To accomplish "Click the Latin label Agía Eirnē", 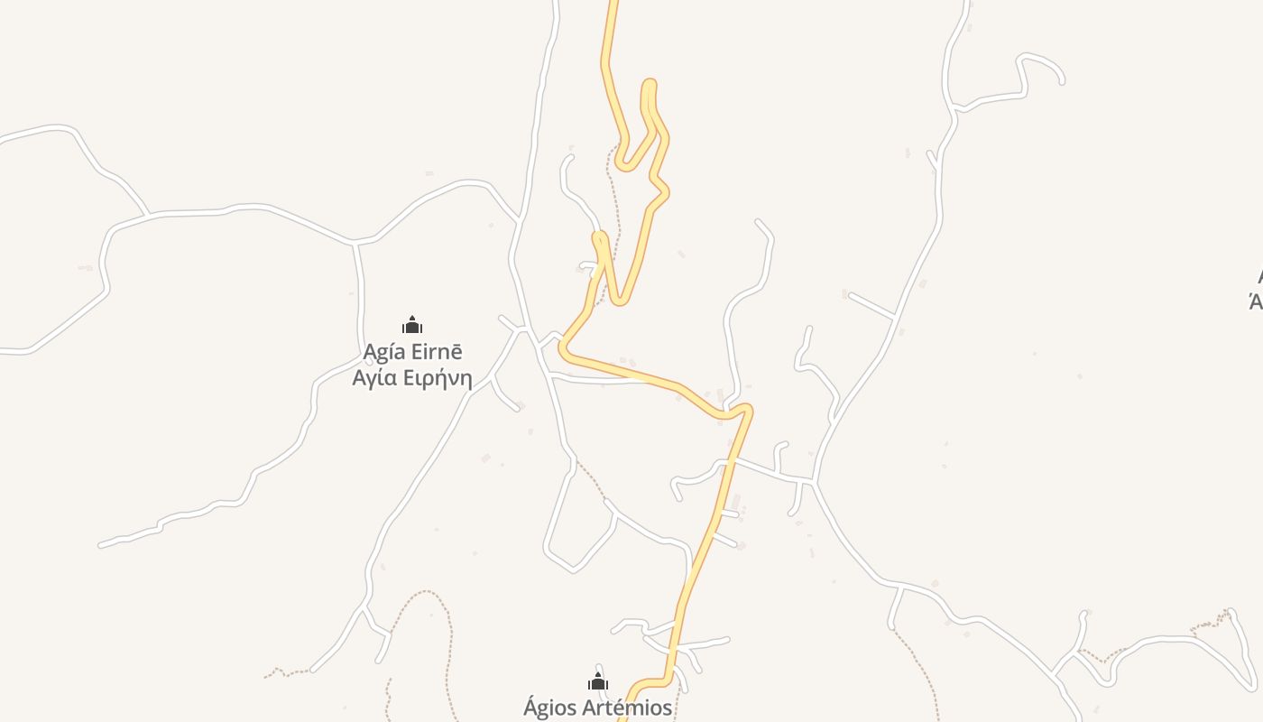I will tap(412, 351).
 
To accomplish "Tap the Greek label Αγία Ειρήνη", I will tap(412, 377).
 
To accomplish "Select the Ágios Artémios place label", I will tap(597, 708).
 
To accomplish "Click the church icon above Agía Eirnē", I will tap(412, 326).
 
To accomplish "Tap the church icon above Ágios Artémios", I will tap(597, 681).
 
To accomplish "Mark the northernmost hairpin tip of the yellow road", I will tap(649, 84).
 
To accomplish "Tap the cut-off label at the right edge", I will tap(1256, 289).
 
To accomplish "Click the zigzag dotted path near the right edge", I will tap(1209, 624).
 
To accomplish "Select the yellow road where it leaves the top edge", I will tap(613, 5).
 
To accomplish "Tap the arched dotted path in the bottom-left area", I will tap(424, 596).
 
